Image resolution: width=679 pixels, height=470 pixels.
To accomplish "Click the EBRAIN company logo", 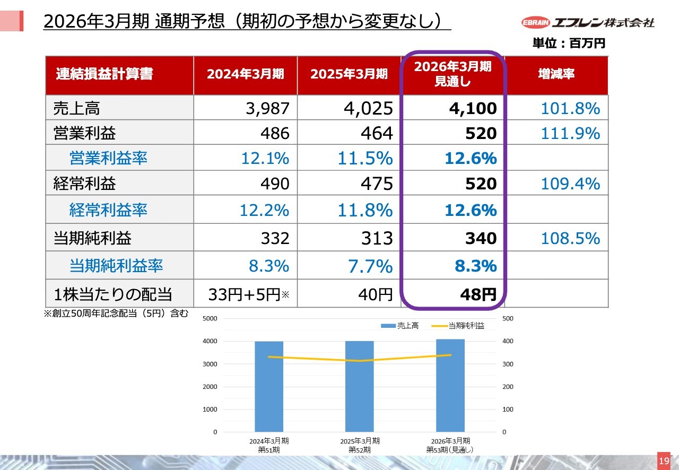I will point(588,22).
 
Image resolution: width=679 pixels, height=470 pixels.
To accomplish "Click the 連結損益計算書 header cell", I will point(105,74).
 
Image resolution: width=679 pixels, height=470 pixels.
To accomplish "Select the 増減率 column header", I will point(556,74).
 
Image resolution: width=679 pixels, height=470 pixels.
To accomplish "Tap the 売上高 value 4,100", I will point(473,109).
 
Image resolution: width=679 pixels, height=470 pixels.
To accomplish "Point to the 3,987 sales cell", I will point(267,109).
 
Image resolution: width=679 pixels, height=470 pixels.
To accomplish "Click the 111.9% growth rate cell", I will point(570,133).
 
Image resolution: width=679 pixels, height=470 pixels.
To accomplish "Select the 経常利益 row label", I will point(85,184).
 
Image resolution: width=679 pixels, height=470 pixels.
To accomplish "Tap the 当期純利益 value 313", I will point(376,238).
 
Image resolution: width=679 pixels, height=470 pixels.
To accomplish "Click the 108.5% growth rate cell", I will point(570,238).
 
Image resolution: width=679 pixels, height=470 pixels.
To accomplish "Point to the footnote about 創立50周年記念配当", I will point(116,314).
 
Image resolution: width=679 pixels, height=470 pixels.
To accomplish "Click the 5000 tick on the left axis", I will point(210,318).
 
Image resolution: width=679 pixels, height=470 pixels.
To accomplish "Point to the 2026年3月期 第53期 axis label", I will point(450,445).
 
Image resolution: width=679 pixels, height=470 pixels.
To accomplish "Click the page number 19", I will point(664,460).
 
